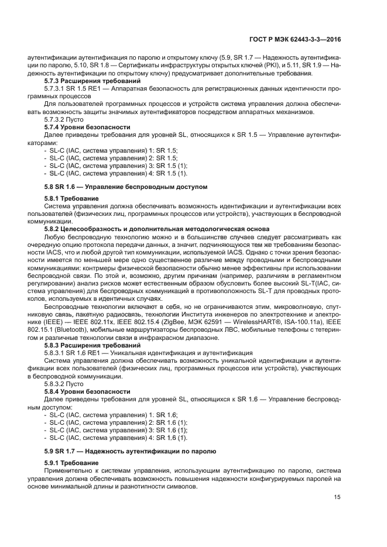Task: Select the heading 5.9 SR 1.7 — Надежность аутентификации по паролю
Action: [130, 452]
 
